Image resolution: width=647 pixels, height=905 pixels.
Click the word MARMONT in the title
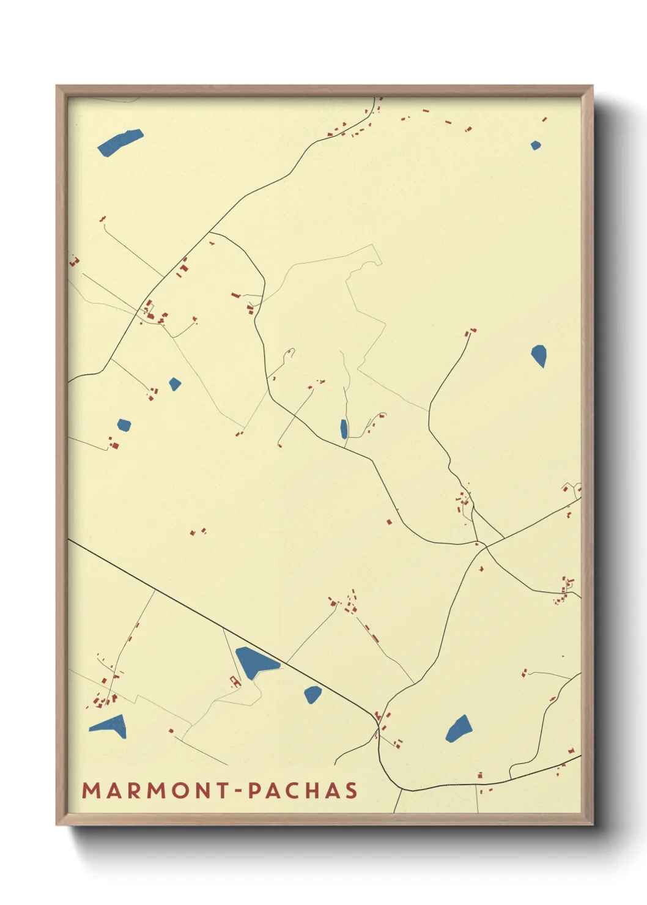tap(155, 791)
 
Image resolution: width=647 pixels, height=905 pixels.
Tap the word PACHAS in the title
tap(303, 791)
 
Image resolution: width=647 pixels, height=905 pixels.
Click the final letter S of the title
tap(351, 791)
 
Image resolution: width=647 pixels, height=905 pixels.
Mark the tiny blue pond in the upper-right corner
tap(536, 146)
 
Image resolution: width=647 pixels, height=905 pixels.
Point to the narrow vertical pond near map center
tap(344, 429)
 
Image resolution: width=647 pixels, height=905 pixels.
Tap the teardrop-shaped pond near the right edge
tap(539, 355)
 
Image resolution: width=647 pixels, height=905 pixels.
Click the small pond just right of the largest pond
tap(312, 694)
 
